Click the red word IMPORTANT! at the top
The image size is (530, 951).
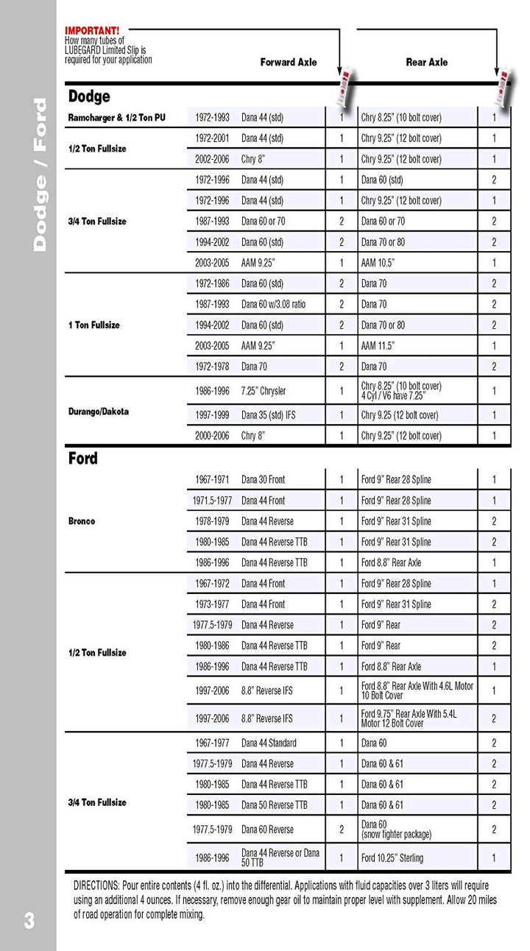tap(91, 31)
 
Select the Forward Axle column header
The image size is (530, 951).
tap(289, 63)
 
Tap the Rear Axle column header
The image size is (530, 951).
tap(427, 63)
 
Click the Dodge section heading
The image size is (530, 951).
tap(89, 96)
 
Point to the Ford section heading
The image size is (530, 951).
tap(83, 459)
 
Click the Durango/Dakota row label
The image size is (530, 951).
tap(99, 411)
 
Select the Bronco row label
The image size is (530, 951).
tap(82, 521)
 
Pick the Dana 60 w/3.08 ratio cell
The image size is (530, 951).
tap(273, 304)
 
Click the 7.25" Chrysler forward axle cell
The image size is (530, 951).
tap(264, 391)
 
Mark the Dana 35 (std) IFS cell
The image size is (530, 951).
tap(269, 415)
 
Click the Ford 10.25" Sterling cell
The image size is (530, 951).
tap(392, 858)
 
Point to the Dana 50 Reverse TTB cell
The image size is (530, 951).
tap(275, 805)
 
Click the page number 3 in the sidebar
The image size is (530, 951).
tap(29, 921)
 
